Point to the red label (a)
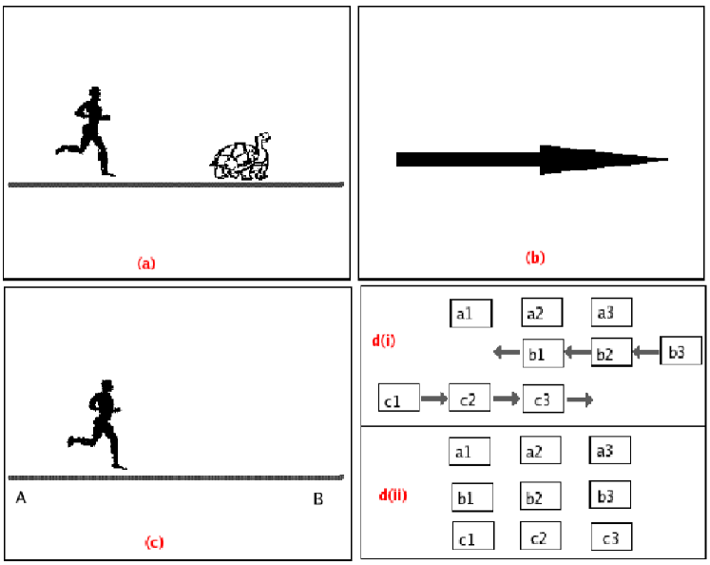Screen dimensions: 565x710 (x=146, y=263)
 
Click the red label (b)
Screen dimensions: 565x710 (x=535, y=257)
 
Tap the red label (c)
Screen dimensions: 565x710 (x=154, y=543)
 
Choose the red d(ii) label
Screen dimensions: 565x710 (x=392, y=496)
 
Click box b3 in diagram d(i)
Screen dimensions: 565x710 (x=681, y=353)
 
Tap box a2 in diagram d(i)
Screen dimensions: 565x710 (x=542, y=312)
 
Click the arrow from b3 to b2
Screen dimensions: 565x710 (x=645, y=353)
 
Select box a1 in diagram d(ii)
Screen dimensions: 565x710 (x=468, y=451)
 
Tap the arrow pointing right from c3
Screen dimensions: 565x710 (x=581, y=400)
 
